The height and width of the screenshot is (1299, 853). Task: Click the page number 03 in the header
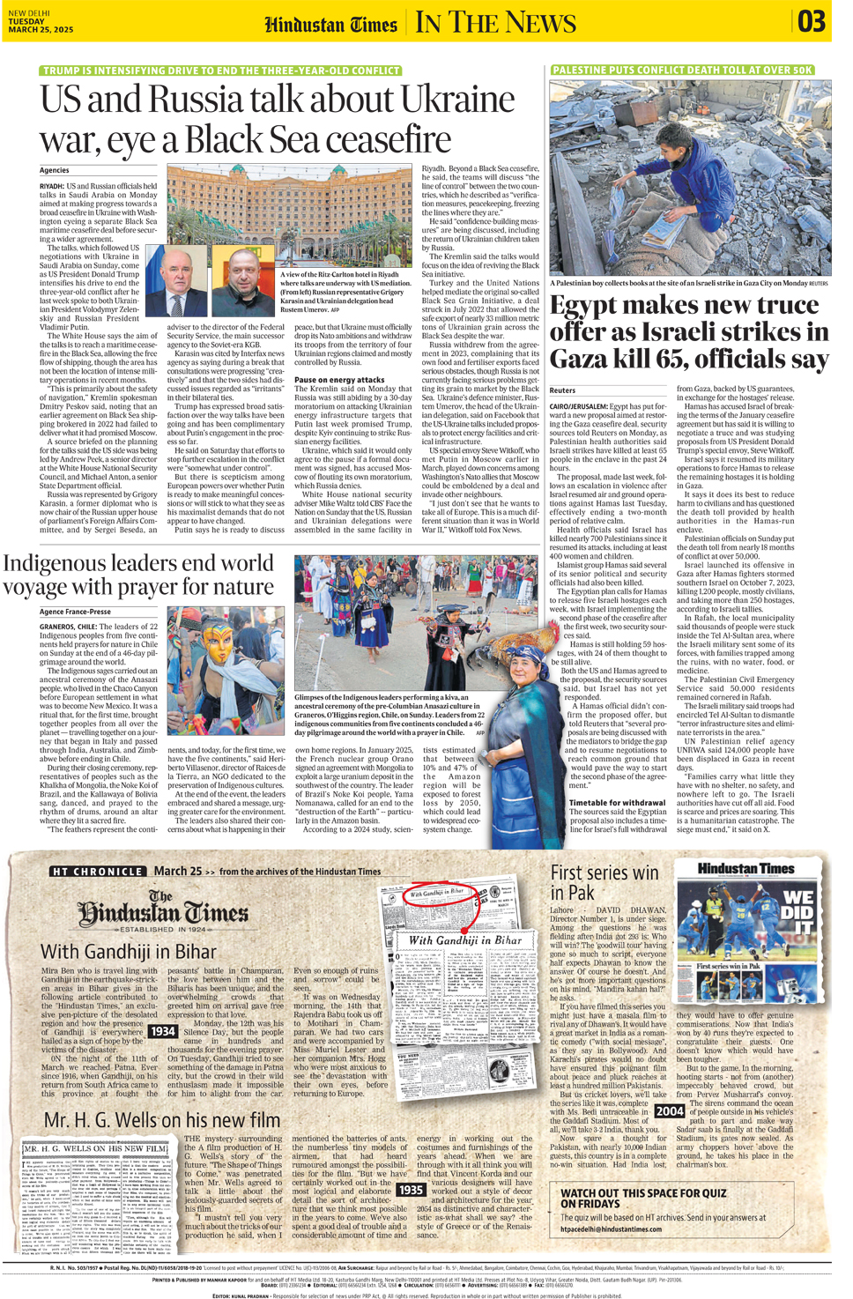tap(812, 21)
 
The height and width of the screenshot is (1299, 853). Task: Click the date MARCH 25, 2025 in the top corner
tap(41, 30)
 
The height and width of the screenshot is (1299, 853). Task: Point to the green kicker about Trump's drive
tap(221, 71)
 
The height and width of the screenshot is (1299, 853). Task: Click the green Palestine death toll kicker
tap(682, 70)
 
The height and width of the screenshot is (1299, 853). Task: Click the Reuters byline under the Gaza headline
tap(562, 390)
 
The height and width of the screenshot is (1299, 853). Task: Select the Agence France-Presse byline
tap(75, 612)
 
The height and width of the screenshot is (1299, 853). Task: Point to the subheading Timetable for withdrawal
tap(617, 803)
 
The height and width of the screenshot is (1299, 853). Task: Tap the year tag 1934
tap(163, 1031)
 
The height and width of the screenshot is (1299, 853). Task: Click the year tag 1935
tap(412, 1190)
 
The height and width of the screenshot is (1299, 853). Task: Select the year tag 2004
tap(670, 1111)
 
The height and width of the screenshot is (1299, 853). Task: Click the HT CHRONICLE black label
tap(97, 872)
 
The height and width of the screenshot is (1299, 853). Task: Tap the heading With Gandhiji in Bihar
tap(129, 952)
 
